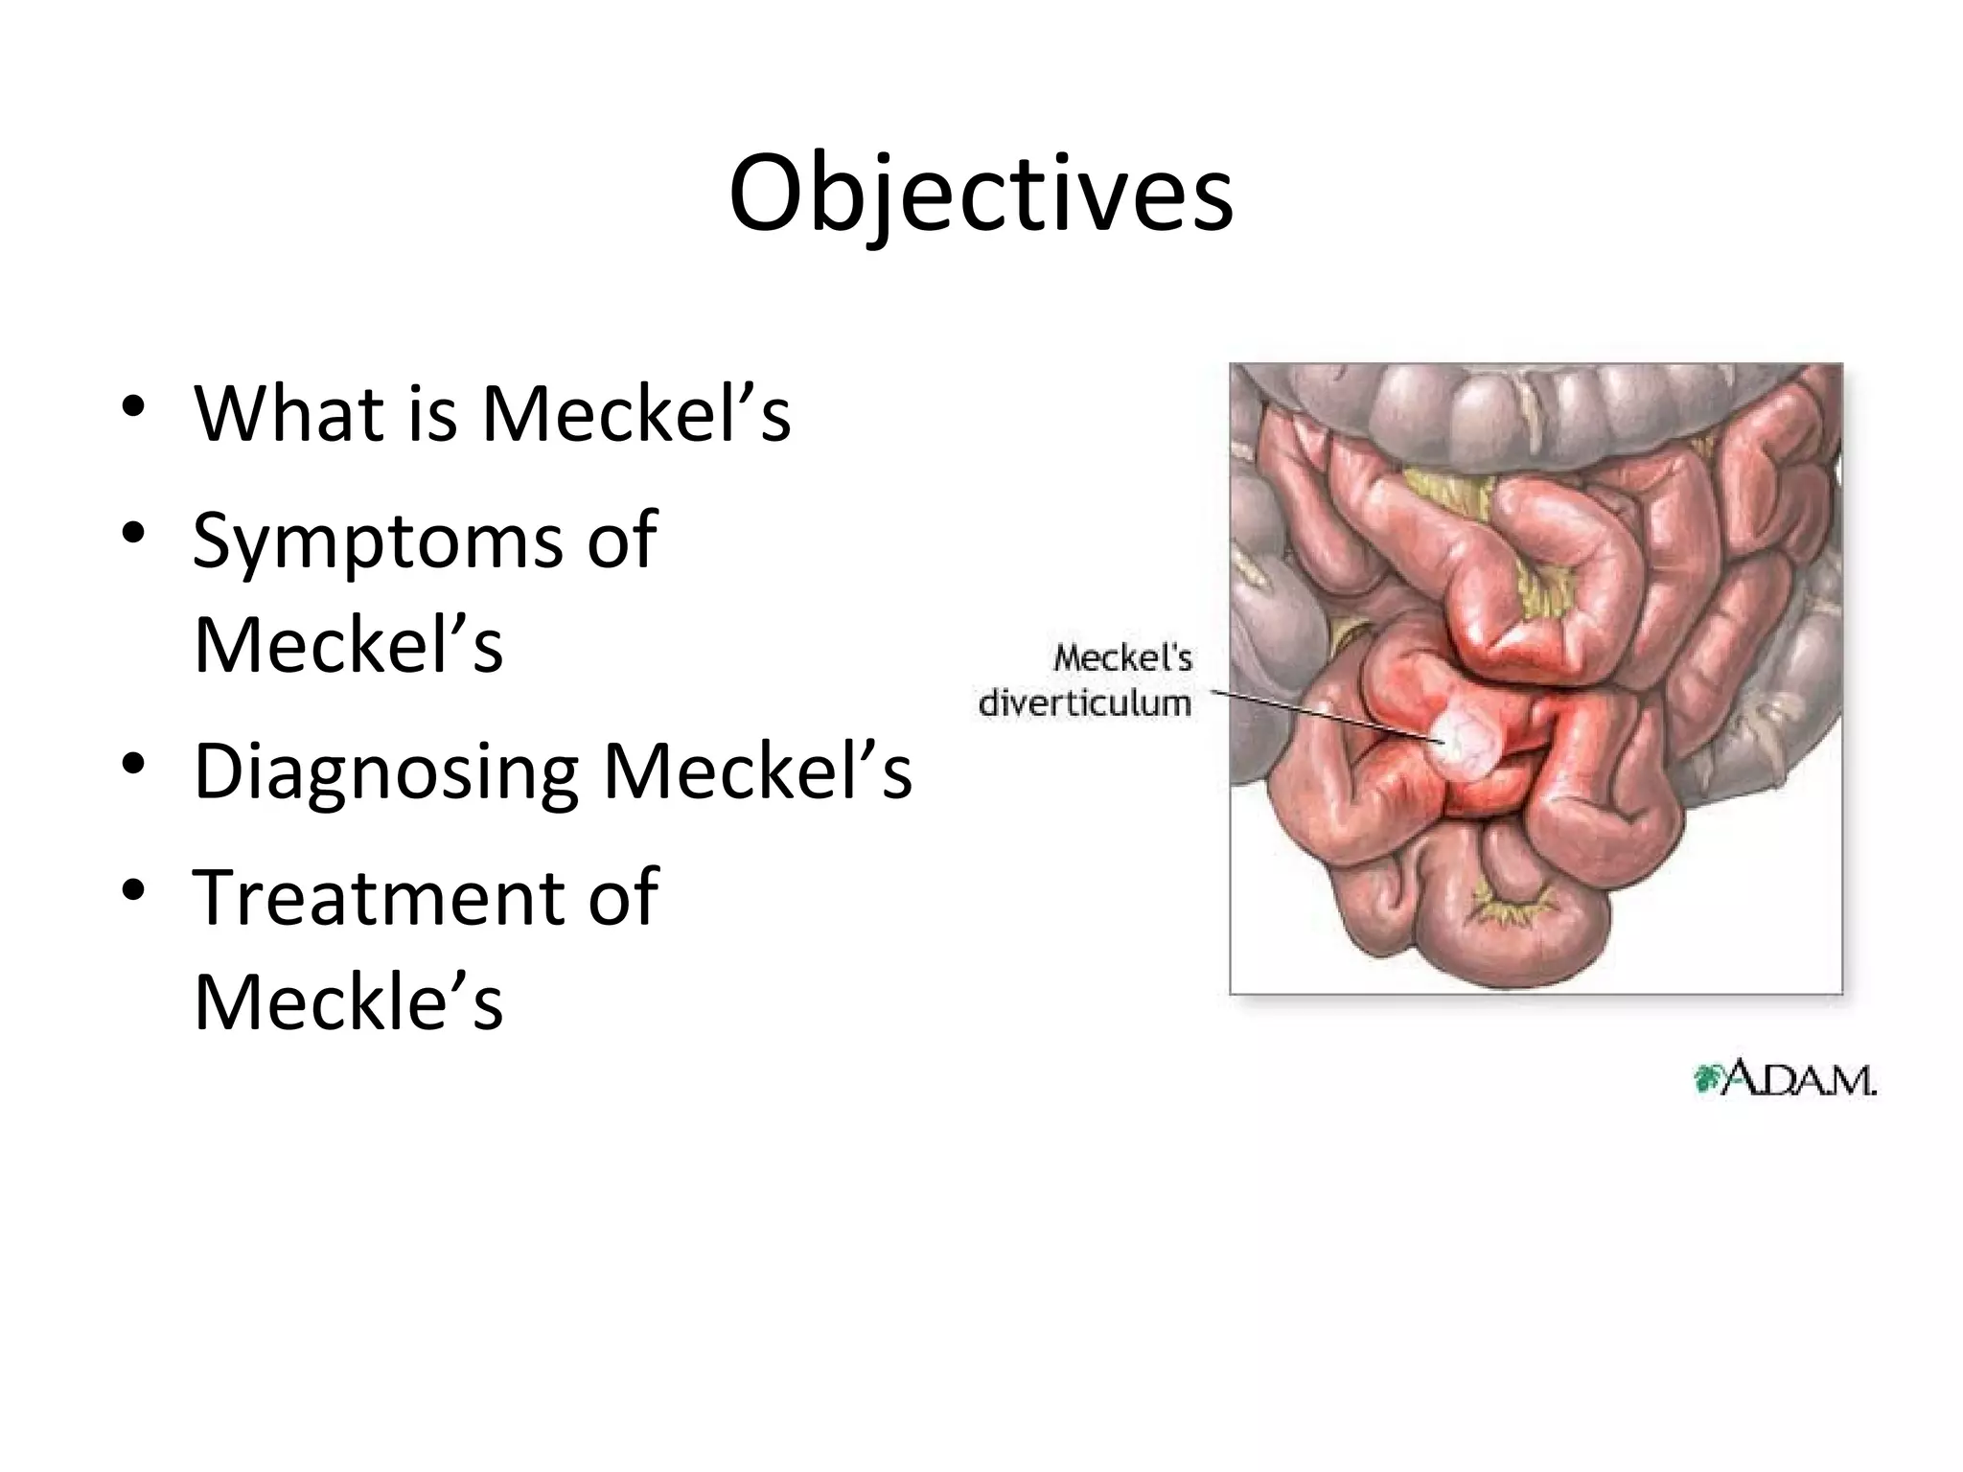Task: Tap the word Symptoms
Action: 378,541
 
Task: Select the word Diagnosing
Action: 386,771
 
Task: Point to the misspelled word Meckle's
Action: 348,1002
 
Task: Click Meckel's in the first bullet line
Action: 636,414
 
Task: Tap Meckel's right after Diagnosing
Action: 757,771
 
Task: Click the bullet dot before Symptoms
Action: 133,532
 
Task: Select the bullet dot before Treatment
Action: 133,889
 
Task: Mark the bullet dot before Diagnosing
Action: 133,763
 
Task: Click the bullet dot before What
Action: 133,404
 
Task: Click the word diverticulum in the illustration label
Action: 1084,703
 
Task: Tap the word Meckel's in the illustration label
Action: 1122,658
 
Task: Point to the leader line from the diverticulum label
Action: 1323,716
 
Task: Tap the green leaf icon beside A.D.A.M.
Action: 1707,1079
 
